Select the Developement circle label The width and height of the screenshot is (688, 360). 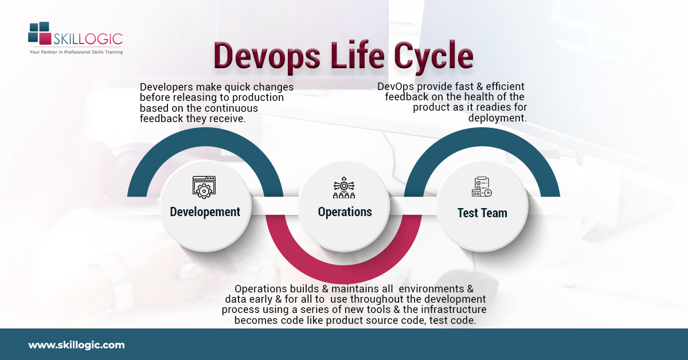[205, 212]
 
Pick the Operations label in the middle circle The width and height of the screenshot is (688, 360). [345, 212]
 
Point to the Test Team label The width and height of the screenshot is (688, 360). [482, 213]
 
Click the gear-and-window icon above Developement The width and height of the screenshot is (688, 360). [204, 187]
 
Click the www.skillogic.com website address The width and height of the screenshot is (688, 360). [76, 345]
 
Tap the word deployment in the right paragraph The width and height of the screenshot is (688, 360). [497, 118]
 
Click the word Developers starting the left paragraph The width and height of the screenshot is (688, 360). [167, 87]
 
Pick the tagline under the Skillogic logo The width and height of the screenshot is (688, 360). [76, 52]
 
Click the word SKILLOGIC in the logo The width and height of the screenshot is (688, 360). [88, 39]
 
